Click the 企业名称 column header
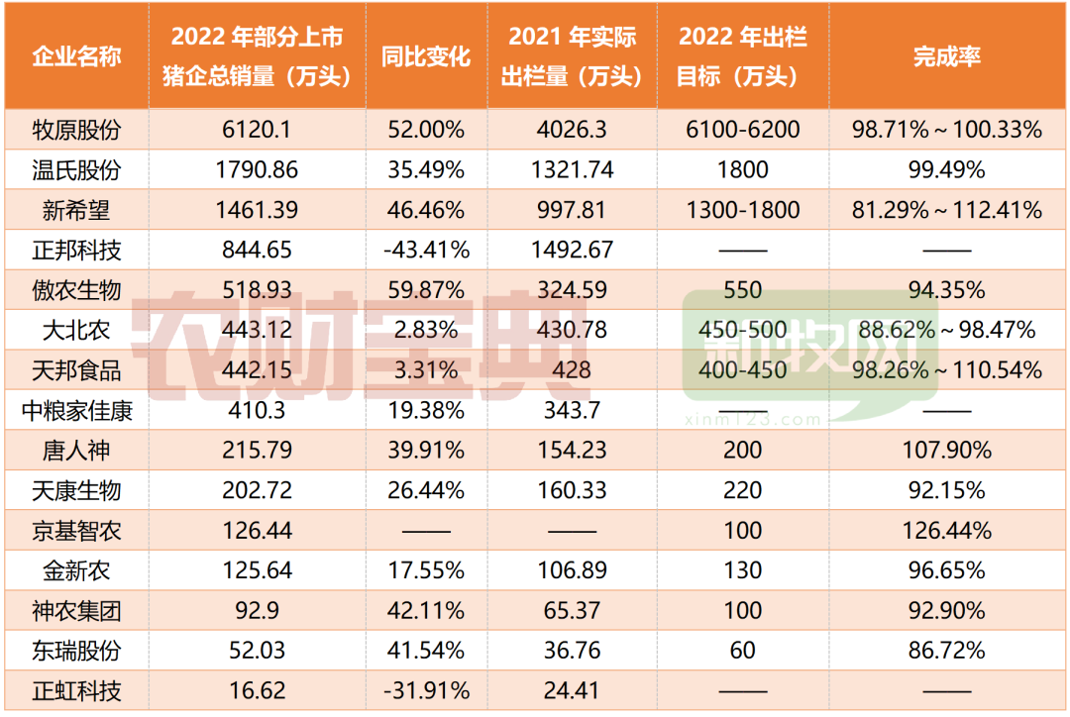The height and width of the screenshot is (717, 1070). pos(76,55)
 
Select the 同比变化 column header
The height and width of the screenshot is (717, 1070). pos(425,55)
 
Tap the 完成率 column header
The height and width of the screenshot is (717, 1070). pos(946,55)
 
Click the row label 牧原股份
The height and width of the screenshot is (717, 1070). pos(76,130)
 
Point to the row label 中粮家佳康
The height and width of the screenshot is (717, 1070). pos(76,410)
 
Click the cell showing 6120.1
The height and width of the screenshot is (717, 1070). pos(257,130)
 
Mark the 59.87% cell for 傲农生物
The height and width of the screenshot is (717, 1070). pos(425,290)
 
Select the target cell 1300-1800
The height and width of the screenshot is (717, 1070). pos(742,210)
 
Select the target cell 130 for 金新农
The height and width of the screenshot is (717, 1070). pos(742,570)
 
